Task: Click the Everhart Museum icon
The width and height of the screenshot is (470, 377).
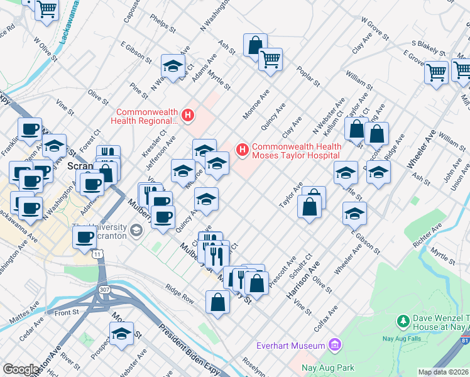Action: pyautogui.click(x=334, y=345)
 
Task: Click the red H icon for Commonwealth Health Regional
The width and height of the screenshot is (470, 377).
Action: pyautogui.click(x=187, y=115)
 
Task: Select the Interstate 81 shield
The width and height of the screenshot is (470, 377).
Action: pyautogui.click(x=464, y=340)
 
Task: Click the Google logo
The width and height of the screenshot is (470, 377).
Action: pyautogui.click(x=21, y=369)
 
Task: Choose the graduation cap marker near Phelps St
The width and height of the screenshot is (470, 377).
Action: pyautogui.click(x=173, y=65)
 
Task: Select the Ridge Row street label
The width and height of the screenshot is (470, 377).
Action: pyautogui.click(x=180, y=293)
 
